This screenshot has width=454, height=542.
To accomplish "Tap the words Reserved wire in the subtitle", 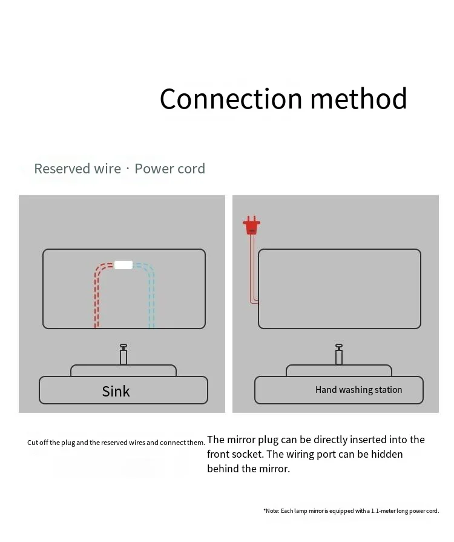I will point(77,169).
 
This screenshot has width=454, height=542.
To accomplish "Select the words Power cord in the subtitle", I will point(169,169).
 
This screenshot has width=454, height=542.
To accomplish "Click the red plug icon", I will point(251,226).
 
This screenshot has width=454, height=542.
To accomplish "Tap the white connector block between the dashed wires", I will point(123,265).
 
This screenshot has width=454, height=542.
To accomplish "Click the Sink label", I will point(116,391).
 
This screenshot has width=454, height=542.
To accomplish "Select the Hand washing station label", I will point(358,390).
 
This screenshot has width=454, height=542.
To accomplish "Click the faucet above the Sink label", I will point(123,354).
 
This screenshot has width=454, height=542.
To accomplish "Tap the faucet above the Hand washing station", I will point(339,354).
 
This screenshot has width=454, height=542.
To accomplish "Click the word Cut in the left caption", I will point(33,443).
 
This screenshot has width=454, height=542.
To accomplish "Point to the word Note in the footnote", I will point(272,511).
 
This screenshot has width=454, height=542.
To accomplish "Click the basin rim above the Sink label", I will point(123,370).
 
